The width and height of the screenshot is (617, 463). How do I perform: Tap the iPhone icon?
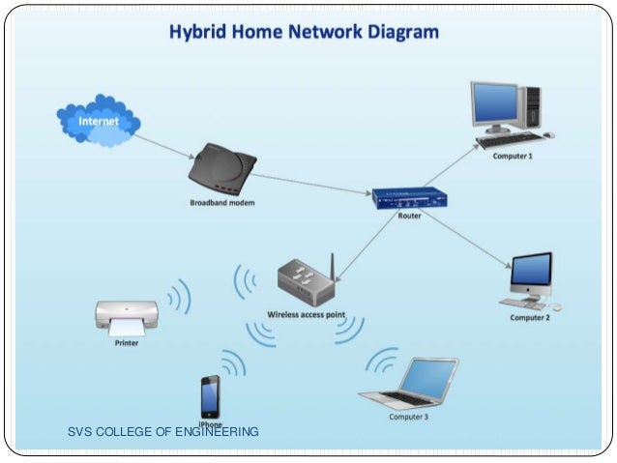click(x=210, y=396)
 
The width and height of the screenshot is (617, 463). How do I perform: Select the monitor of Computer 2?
click(x=531, y=272)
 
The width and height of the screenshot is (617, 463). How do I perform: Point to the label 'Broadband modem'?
click(x=221, y=203)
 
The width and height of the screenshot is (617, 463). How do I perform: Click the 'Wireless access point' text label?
click(x=306, y=315)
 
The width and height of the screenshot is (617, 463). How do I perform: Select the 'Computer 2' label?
click(x=530, y=317)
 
